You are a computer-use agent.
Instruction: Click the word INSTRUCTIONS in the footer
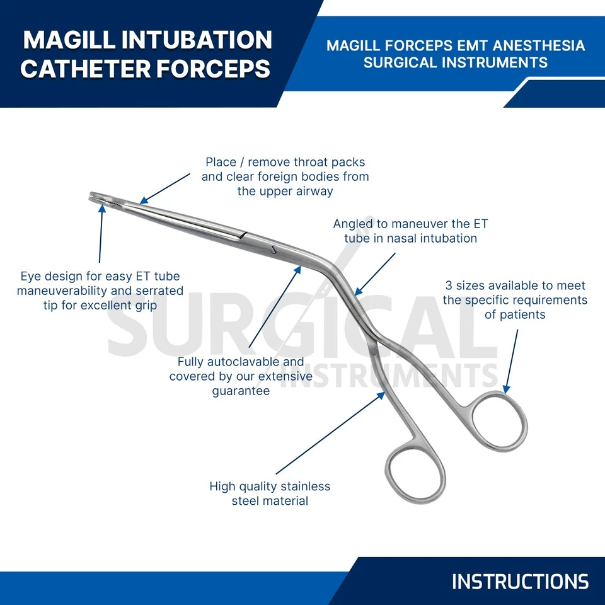(x=520, y=581)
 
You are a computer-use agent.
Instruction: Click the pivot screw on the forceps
(x=274, y=249)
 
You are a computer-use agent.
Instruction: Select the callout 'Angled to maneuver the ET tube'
(x=410, y=231)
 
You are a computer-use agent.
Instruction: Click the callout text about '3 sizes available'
(x=515, y=300)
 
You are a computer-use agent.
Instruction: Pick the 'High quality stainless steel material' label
(x=270, y=493)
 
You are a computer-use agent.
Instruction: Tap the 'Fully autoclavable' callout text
(x=241, y=376)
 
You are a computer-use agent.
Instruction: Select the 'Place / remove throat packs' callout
(x=285, y=176)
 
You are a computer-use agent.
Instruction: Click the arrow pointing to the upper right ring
(x=511, y=359)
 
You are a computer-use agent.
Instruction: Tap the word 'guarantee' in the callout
(x=241, y=391)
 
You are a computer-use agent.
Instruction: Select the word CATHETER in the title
(x=86, y=69)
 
